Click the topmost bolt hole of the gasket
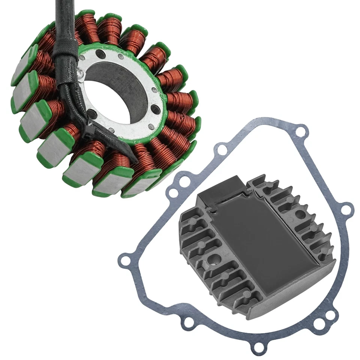click(x=299, y=131)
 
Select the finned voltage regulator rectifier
click(x=255, y=244)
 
